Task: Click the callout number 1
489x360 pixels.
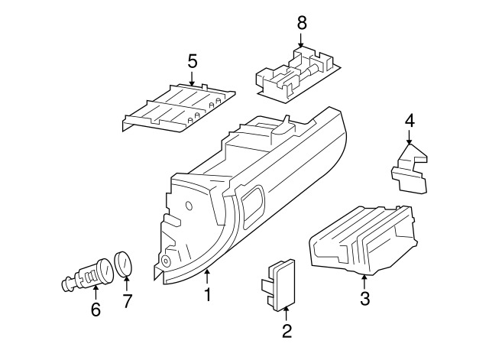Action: click(207, 294)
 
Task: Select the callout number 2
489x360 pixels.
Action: click(287, 331)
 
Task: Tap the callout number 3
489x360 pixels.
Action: click(364, 298)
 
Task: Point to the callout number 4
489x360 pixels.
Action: click(410, 121)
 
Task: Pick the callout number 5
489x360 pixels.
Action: click(193, 61)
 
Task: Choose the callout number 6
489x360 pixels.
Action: click(96, 309)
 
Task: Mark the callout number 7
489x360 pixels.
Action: click(127, 301)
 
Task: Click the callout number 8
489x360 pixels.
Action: click(302, 23)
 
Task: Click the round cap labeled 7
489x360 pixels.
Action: click(123, 264)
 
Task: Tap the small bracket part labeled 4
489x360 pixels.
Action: click(410, 169)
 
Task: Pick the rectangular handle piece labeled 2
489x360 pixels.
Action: click(278, 284)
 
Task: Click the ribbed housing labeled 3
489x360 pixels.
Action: click(364, 240)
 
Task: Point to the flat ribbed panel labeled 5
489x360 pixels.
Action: click(178, 107)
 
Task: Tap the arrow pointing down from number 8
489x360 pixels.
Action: click(300, 40)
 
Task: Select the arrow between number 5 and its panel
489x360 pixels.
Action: click(192, 78)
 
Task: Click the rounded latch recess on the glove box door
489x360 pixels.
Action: click(253, 206)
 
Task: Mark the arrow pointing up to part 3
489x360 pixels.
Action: click(364, 281)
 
